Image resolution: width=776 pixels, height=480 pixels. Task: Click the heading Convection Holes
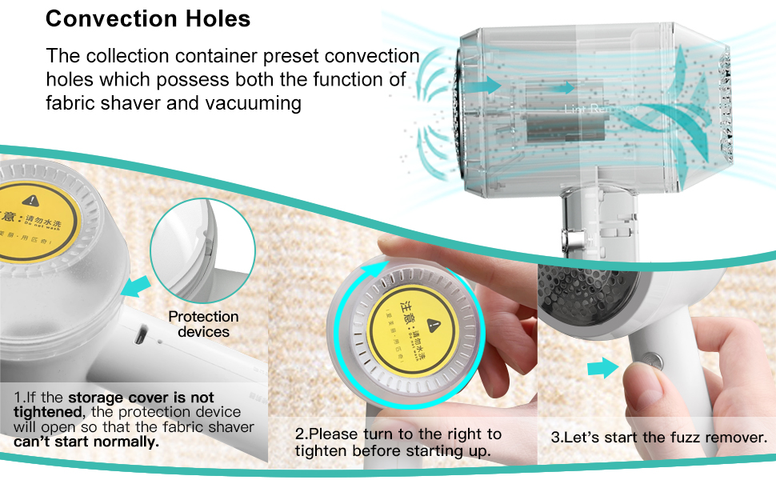click(148, 18)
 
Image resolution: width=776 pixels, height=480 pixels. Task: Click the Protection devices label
click(203, 324)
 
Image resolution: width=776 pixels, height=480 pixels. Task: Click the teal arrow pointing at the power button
click(602, 368)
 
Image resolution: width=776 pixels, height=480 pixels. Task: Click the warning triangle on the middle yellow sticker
click(434, 324)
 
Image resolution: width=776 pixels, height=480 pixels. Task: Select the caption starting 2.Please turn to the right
click(398, 442)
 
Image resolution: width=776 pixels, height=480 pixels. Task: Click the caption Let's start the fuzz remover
click(659, 438)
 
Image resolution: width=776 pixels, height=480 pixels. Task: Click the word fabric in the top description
click(73, 102)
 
